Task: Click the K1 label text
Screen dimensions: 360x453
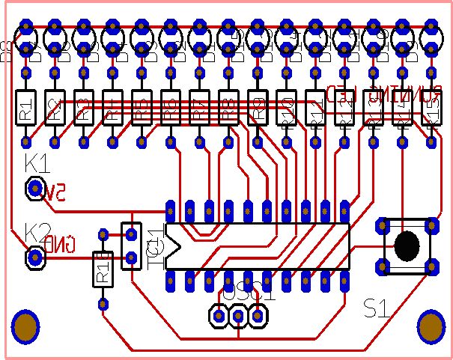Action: tap(37, 162)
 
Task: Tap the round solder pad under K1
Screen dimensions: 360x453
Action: tap(34, 189)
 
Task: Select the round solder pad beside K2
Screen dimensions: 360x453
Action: tap(34, 258)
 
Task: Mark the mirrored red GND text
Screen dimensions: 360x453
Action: tap(61, 244)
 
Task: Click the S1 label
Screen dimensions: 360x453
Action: tap(377, 307)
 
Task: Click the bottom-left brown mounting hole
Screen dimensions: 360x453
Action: tap(25, 326)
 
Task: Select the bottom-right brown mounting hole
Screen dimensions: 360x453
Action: tap(431, 326)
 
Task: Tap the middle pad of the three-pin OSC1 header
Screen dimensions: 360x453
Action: tap(238, 317)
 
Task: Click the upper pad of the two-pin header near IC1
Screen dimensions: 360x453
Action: tap(131, 235)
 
